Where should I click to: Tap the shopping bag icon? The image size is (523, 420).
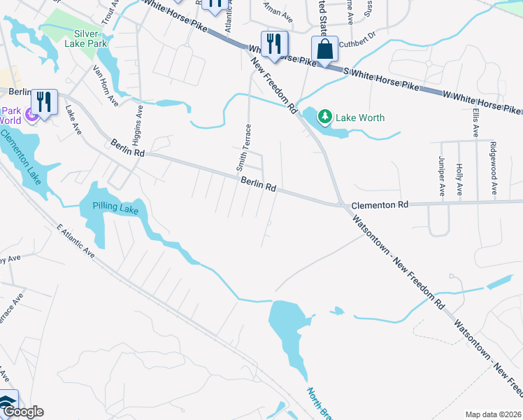click(x=324, y=50)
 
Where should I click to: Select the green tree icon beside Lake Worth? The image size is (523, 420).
click(x=325, y=117)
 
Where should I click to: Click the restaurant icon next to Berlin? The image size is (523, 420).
click(x=44, y=101)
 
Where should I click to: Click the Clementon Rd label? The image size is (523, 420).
click(x=379, y=205)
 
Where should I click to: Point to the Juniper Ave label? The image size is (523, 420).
click(x=442, y=175)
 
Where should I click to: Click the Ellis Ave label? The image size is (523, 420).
click(x=475, y=122)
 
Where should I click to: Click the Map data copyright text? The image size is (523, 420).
click(x=492, y=414)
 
